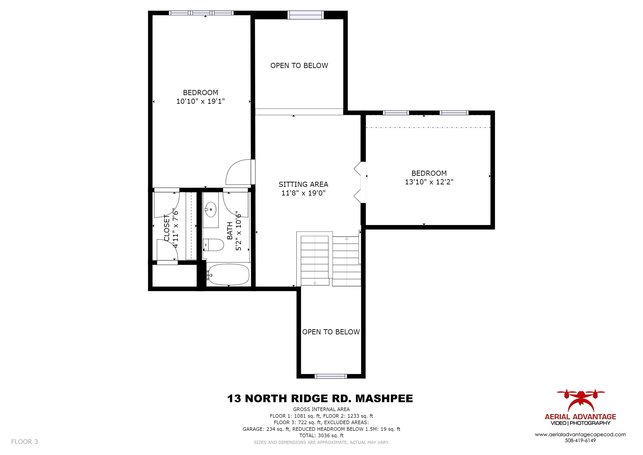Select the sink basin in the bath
pyautogui.click(x=211, y=209)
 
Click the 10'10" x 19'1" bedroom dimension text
pyautogui.click(x=201, y=101)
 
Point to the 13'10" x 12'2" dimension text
pyautogui.click(x=429, y=182)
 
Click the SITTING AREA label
pyautogui.click(x=303, y=184)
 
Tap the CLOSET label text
pyautogui.click(x=167, y=228)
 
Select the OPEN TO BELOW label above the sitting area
pyautogui.click(x=299, y=66)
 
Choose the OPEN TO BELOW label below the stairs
pyautogui.click(x=331, y=332)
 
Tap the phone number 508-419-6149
pyautogui.click(x=580, y=440)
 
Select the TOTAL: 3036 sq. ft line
pyautogui.click(x=321, y=436)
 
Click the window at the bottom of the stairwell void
pyautogui.click(x=331, y=376)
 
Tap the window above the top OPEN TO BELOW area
pyautogui.click(x=306, y=15)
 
